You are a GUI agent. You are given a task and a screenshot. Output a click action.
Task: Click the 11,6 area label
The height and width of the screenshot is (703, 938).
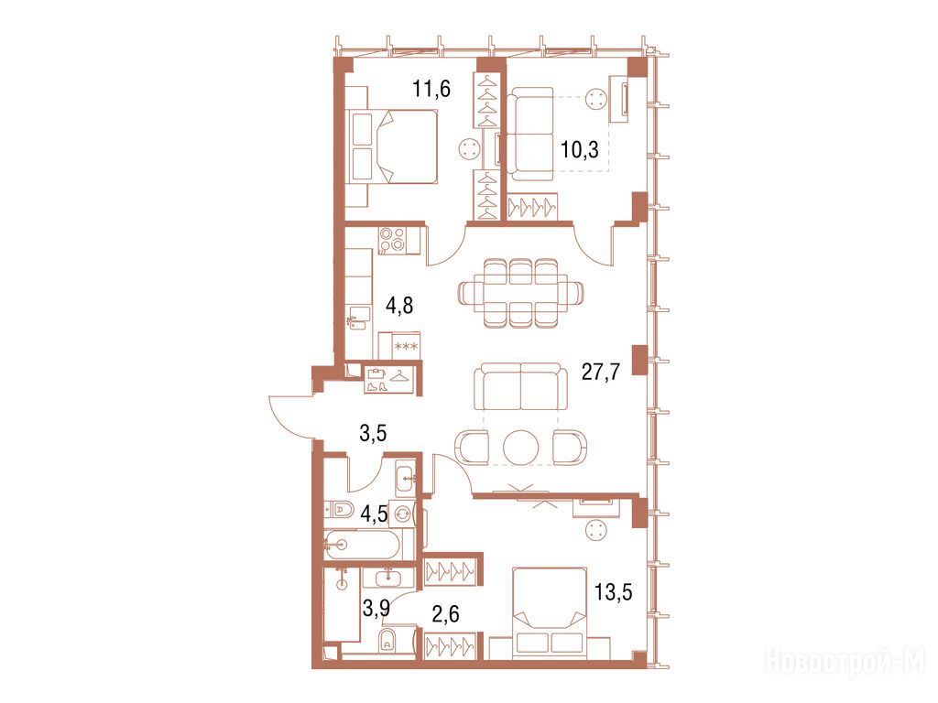(431, 90)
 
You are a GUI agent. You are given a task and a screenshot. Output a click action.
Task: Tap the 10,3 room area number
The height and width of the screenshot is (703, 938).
(579, 149)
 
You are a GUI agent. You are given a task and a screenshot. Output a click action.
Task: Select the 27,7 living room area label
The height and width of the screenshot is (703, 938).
(601, 372)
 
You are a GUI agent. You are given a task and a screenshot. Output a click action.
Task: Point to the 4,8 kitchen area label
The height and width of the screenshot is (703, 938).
(399, 306)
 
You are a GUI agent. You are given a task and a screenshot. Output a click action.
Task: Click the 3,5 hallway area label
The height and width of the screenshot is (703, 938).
(373, 433)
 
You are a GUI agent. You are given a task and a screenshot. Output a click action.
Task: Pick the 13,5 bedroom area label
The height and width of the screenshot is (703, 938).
(613, 592)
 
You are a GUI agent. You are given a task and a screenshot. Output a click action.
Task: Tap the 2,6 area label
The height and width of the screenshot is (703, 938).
(445, 613)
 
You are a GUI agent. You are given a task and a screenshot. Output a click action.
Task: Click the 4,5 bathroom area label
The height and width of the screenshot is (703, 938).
(375, 513)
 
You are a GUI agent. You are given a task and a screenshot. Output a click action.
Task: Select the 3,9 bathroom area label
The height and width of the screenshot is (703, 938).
(376, 609)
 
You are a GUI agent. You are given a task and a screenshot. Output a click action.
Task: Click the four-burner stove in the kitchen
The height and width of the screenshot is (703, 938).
(393, 241)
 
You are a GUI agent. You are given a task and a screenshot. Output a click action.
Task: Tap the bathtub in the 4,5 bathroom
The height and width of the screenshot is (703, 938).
(368, 544)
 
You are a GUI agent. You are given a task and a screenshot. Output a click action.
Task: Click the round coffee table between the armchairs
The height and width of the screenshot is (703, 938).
(521, 447)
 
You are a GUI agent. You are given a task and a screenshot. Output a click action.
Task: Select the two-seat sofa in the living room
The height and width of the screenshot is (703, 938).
(520, 386)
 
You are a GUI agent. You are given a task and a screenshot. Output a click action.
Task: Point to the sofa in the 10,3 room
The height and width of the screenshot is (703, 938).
(530, 134)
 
